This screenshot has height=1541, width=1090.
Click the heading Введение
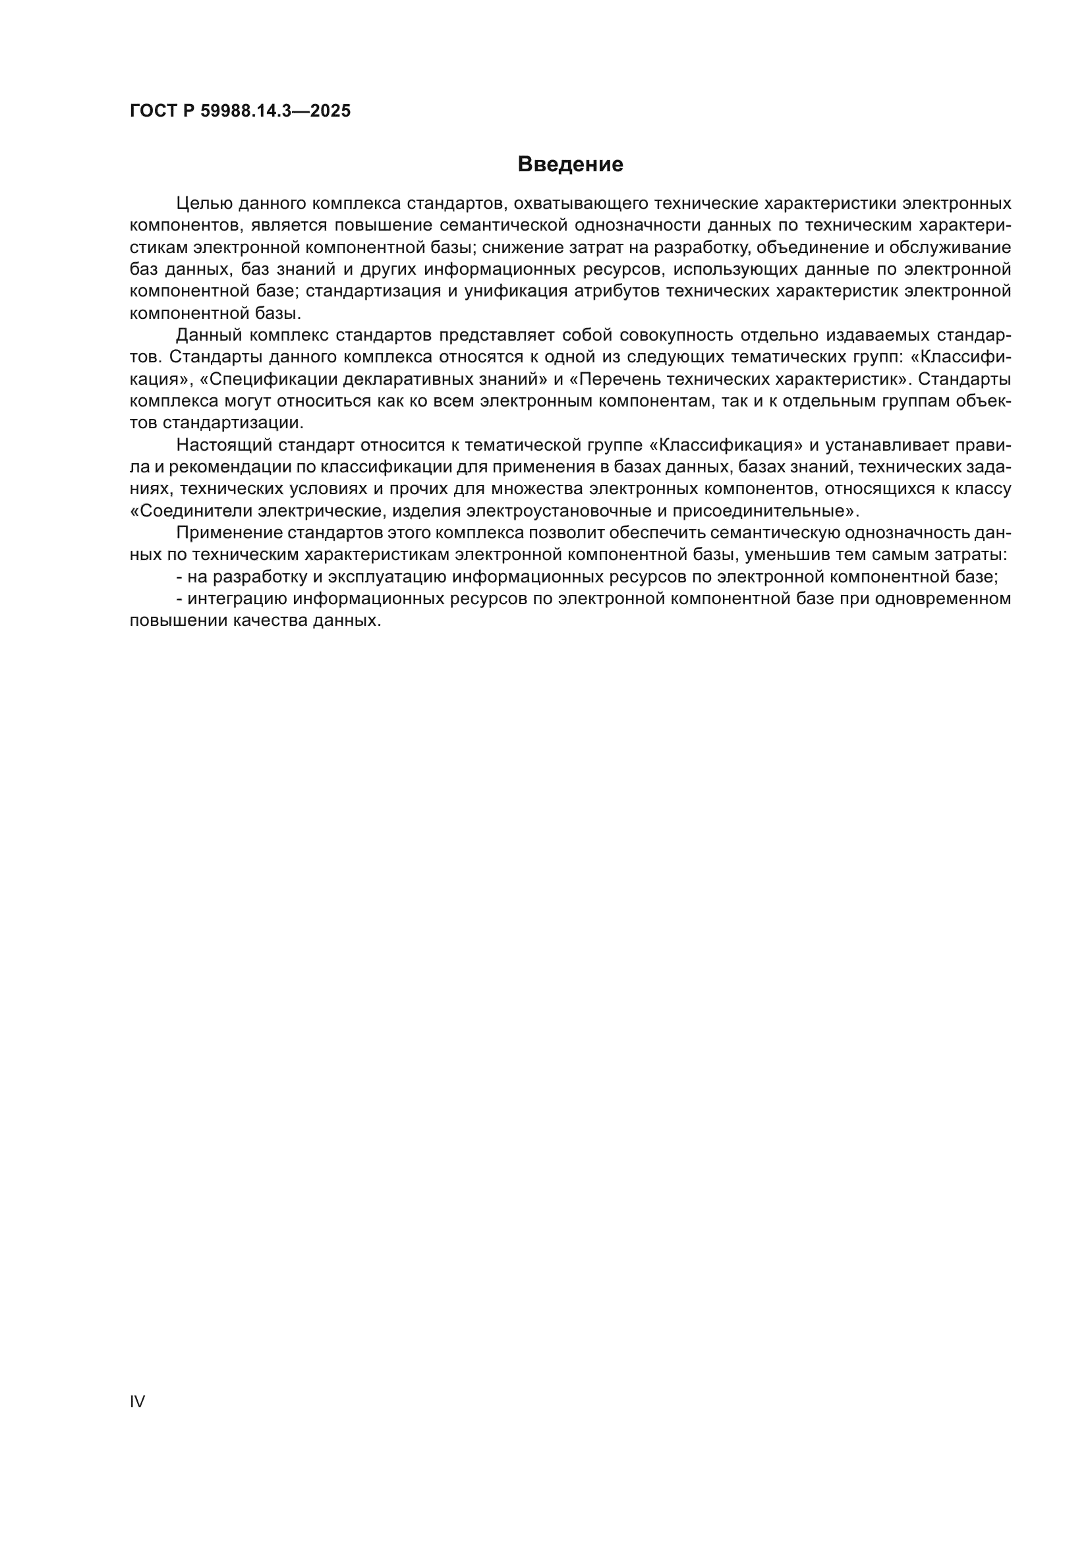pyautogui.click(x=570, y=165)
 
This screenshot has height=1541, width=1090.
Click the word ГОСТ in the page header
pyautogui.click(x=152, y=111)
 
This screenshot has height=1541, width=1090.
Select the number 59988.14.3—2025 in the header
pyautogui.click(x=275, y=111)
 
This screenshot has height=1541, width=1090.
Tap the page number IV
pyautogui.click(x=137, y=1401)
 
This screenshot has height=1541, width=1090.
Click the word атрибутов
pyautogui.click(x=620, y=291)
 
